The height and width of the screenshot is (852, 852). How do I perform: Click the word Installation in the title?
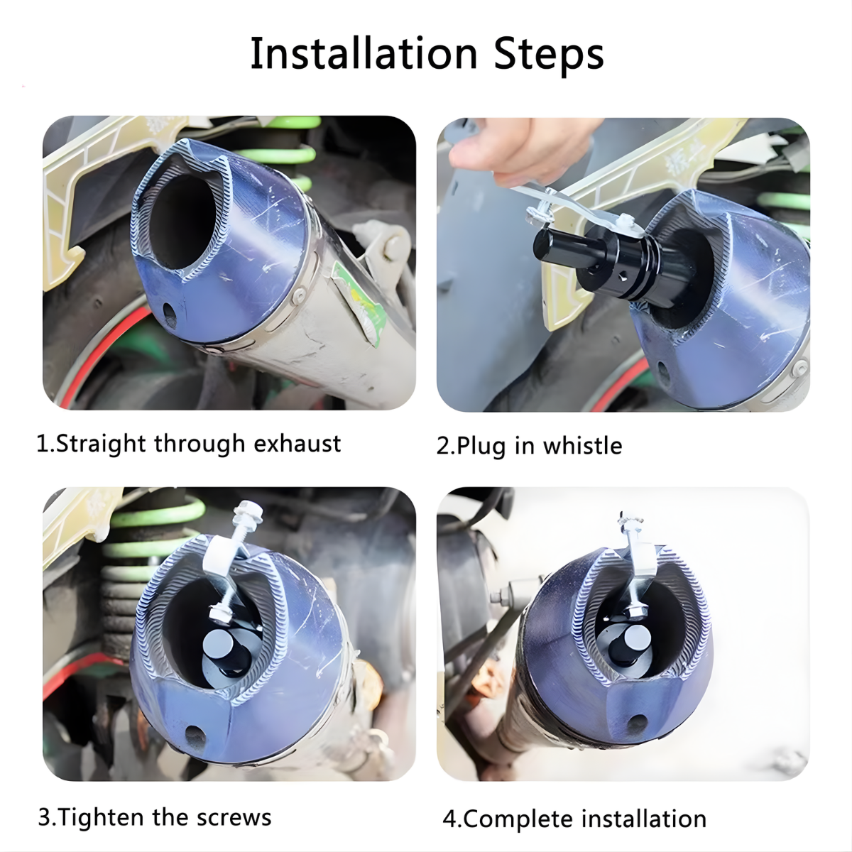coord(364,53)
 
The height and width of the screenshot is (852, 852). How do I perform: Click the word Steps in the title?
coord(549,57)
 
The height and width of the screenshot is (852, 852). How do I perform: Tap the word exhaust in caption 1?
coord(297,443)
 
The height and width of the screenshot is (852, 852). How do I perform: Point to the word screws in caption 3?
coord(234,817)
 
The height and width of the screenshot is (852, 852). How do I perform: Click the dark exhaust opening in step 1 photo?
coord(181,221)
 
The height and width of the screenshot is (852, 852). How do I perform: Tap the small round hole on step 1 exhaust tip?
coord(170,315)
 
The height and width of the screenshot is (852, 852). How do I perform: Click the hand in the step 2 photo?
coord(522,151)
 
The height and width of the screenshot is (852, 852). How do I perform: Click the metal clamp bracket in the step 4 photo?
coord(638,561)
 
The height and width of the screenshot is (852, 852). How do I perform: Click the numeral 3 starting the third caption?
coord(45,818)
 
